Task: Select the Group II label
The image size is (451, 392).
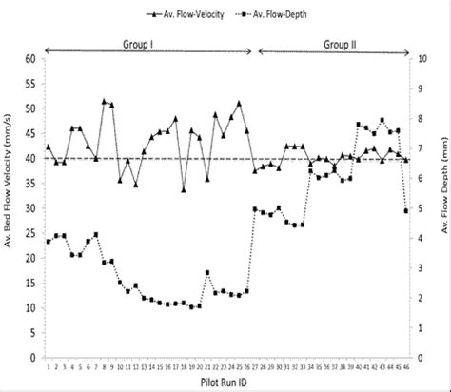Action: (x=340, y=44)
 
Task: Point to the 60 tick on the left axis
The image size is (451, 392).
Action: (x=30, y=59)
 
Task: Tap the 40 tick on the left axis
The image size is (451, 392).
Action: (x=30, y=159)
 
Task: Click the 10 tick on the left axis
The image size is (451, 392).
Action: (x=30, y=308)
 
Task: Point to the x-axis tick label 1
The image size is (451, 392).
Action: (x=49, y=364)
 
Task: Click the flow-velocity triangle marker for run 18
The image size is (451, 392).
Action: (x=184, y=189)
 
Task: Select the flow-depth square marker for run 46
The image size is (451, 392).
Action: (x=406, y=210)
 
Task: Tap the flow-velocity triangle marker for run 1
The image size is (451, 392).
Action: (x=49, y=147)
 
